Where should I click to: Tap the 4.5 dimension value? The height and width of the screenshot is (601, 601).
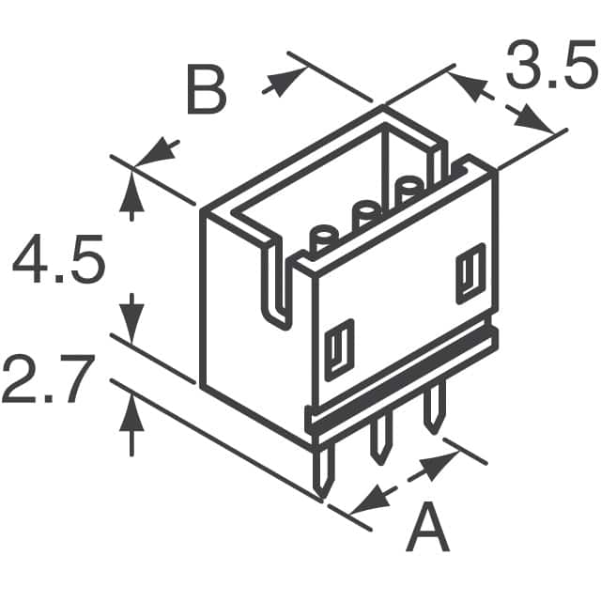tap(57, 264)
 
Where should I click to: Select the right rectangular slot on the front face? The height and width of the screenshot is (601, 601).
tap(470, 274)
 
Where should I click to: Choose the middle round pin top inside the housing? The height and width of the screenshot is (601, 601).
tap(365, 212)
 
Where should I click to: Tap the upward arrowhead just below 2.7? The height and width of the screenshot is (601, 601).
tap(131, 408)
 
